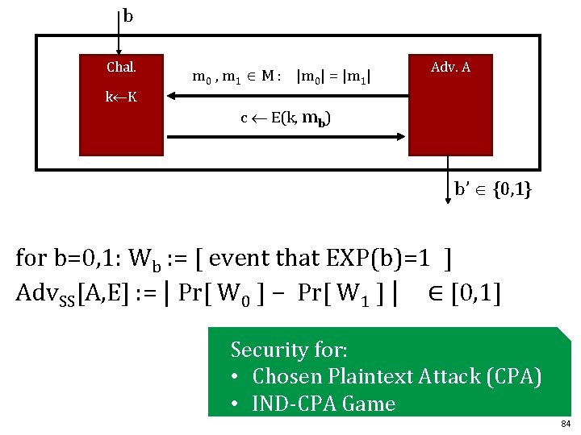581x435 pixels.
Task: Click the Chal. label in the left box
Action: point(121,67)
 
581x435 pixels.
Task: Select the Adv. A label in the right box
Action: point(450,67)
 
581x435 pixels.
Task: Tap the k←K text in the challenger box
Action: point(121,97)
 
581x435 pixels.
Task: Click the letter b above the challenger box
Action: point(127,17)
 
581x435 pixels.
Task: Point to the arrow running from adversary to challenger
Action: point(288,96)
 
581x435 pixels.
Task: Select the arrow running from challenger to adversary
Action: point(286,137)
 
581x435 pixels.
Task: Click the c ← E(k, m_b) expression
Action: point(286,118)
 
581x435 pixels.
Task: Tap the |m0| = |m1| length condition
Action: point(334,77)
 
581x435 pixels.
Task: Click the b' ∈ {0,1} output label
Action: point(493,189)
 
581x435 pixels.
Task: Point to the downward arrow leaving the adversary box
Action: point(448,180)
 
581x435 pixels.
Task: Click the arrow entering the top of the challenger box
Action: point(119,33)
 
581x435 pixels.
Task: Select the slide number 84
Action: point(566,424)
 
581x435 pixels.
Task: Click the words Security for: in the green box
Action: point(289,350)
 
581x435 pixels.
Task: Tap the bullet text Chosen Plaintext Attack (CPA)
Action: point(397,376)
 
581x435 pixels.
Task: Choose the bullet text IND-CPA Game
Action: point(324,404)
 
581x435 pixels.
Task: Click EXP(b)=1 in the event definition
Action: point(378,258)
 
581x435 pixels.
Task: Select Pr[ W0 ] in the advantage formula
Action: point(222,294)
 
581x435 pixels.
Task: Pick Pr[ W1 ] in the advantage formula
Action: point(341,294)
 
